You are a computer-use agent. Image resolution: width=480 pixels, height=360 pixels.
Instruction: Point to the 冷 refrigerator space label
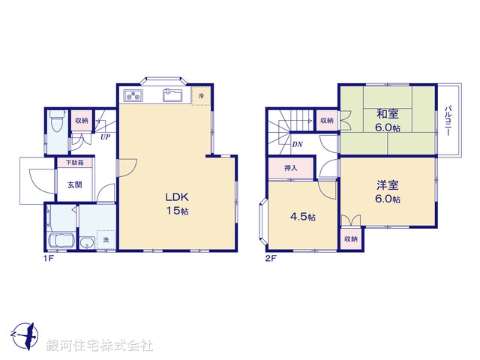(201, 96)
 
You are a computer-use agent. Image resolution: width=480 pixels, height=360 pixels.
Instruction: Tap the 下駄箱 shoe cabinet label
(74, 162)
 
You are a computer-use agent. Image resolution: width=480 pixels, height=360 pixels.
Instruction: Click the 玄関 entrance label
(74, 184)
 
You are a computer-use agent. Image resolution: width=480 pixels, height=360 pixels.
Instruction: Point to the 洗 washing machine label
(106, 240)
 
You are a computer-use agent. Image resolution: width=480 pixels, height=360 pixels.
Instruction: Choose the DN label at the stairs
(297, 144)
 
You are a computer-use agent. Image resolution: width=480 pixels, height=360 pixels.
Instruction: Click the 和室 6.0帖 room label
(387, 121)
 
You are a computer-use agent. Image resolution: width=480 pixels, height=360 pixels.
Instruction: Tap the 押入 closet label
(290, 169)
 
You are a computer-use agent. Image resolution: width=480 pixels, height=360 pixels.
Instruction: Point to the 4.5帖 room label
(302, 217)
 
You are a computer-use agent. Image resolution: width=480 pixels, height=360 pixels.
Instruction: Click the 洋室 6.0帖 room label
(387, 193)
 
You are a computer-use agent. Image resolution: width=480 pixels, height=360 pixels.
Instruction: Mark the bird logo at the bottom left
(22, 334)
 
